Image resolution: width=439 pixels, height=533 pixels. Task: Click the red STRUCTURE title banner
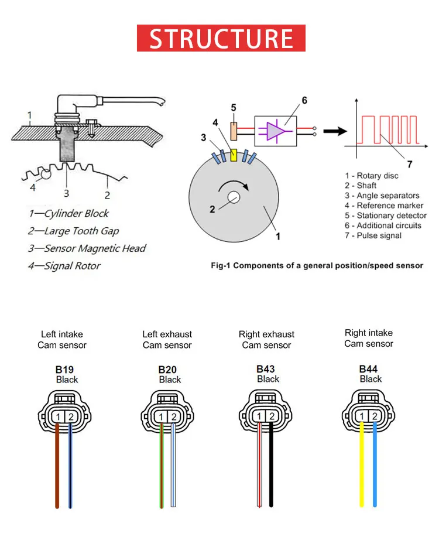click(x=221, y=38)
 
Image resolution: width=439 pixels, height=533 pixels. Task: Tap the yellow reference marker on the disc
click(x=235, y=155)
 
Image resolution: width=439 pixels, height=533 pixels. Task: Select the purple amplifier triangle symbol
click(x=275, y=130)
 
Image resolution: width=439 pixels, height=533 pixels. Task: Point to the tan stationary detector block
click(x=234, y=130)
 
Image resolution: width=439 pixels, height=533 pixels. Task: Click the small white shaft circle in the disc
click(x=235, y=199)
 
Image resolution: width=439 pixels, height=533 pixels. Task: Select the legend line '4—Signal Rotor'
click(x=64, y=266)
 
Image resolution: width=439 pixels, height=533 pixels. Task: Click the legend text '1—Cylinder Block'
click(x=68, y=214)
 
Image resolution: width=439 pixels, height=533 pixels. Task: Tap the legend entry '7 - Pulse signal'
click(x=373, y=235)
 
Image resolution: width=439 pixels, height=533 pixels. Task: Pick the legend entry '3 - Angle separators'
click(x=382, y=196)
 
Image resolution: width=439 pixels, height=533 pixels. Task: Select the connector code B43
click(x=266, y=369)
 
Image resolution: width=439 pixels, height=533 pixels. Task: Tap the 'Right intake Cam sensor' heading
click(x=369, y=338)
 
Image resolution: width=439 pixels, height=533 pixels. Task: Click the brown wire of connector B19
click(x=57, y=469)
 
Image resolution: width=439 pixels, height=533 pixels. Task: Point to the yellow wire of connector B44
click(x=362, y=469)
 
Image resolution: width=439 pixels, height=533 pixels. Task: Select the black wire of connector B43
click(x=271, y=469)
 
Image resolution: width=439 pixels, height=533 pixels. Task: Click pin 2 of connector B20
click(x=173, y=416)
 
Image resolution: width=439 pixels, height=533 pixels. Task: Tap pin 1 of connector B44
click(x=362, y=416)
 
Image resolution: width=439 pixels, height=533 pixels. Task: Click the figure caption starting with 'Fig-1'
click(x=317, y=265)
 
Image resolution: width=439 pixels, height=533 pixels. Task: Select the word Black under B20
click(x=170, y=380)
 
